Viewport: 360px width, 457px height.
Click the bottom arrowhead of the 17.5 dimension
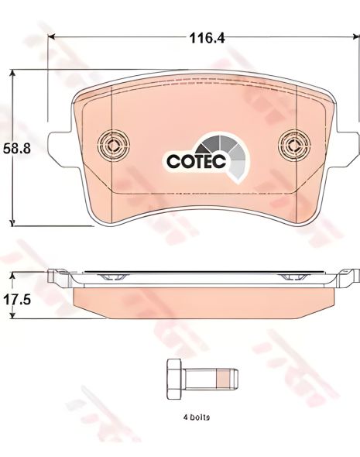pos(12,318)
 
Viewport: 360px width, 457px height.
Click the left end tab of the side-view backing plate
pos(54,275)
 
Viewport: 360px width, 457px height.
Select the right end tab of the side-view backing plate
pos(352,275)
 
